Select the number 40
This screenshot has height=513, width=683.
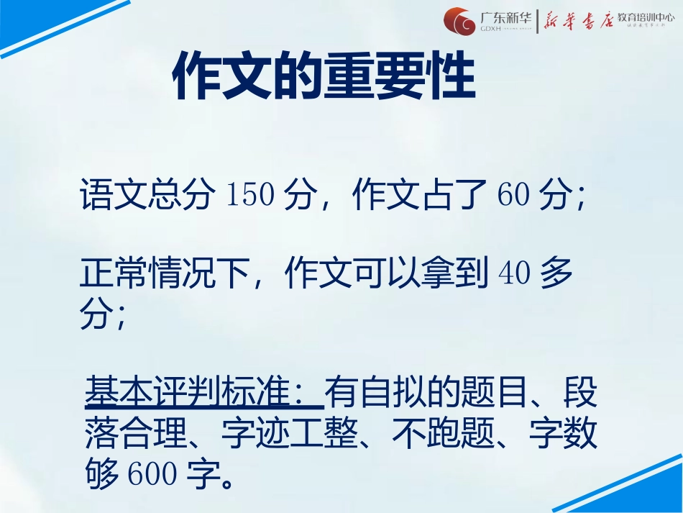(514, 276)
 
